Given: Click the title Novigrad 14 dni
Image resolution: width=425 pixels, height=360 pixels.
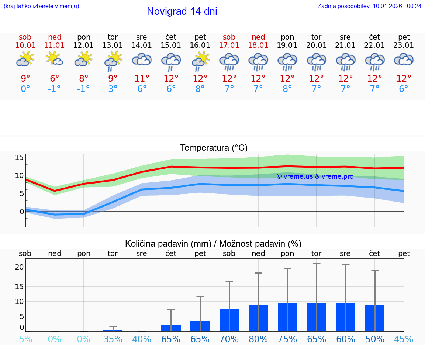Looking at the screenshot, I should pos(182,11).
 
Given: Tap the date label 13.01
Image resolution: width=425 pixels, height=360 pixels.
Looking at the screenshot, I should pos(113,45).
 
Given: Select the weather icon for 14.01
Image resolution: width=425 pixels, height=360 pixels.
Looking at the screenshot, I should pos(142,60).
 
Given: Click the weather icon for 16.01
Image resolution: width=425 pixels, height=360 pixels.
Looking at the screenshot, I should pos(200,60).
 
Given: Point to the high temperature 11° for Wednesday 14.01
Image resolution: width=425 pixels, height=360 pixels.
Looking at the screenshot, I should pos(142,79).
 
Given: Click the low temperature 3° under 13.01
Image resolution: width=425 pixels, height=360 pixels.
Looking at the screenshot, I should pos(113,89).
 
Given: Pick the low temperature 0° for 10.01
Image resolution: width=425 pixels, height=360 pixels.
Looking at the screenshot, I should pos(25,89).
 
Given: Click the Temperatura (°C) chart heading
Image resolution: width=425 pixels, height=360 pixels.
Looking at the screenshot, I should pos(214,148).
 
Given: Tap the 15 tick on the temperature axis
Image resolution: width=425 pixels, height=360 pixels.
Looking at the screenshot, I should pos(19,158).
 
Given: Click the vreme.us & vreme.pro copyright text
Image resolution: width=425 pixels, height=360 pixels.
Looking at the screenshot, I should pos(315,176).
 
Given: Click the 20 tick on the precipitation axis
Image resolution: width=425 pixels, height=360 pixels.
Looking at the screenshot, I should pos(19,267).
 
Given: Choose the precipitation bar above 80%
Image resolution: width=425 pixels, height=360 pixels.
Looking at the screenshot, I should pos(258,318).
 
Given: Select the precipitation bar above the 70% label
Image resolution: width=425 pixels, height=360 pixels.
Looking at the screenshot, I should pos(229,320).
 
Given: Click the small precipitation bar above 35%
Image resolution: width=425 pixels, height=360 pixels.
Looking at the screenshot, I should pos(113,330).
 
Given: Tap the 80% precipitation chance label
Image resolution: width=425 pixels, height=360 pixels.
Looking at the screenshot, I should pos(258,339).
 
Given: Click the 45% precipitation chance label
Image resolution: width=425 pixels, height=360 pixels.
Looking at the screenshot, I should pos(404,339).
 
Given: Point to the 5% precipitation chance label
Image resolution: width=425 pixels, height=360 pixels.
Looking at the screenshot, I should pos(25,339).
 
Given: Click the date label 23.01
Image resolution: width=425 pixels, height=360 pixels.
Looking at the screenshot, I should pos(404,45).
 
